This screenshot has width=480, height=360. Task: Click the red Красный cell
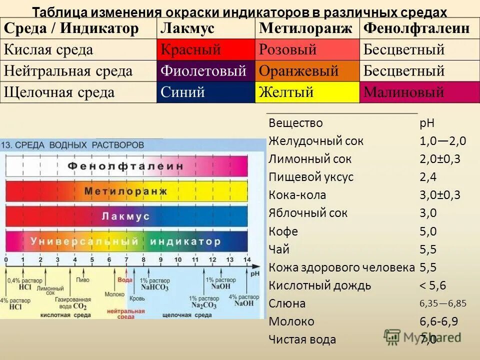click(205, 50)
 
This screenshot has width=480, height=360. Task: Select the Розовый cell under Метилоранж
click(307, 50)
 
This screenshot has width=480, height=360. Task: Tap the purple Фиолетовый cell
click(205, 71)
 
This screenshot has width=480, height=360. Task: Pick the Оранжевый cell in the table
click(307, 71)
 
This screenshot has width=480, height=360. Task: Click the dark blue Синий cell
click(205, 92)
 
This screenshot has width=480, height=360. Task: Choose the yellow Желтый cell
click(307, 92)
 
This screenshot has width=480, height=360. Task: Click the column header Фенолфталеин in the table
click(416, 28)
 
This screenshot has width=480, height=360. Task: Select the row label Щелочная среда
click(59, 92)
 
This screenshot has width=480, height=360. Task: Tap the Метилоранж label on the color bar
click(126, 191)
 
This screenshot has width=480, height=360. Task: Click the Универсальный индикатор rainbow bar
click(126, 241)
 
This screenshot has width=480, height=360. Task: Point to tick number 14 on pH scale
click(246, 260)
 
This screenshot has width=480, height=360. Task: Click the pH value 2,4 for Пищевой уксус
click(428, 177)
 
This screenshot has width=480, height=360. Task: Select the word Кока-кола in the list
click(297, 195)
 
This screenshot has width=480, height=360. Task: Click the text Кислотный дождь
click(319, 285)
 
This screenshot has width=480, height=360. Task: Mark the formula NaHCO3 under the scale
click(154, 288)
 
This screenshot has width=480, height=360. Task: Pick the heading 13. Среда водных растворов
click(73, 145)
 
